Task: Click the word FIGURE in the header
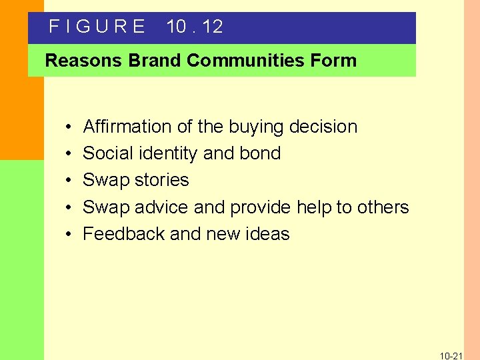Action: pos(97,27)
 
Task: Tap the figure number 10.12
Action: pos(195,27)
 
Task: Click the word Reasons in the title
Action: pos(84,61)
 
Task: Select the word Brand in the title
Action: pos(155,61)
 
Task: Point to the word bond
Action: pos(259,153)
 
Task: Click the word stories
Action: pos(161,180)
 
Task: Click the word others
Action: pos(381,207)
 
